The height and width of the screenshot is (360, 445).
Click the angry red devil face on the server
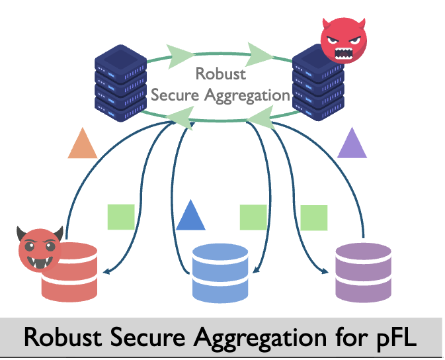tap(343, 40)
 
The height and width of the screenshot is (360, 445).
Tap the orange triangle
tap(83, 144)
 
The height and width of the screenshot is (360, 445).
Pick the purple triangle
tap(352, 144)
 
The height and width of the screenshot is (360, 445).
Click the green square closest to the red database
tap(121, 216)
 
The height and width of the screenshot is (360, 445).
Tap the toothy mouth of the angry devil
tap(344, 50)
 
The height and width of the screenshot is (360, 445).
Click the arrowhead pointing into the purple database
tap(325, 271)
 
